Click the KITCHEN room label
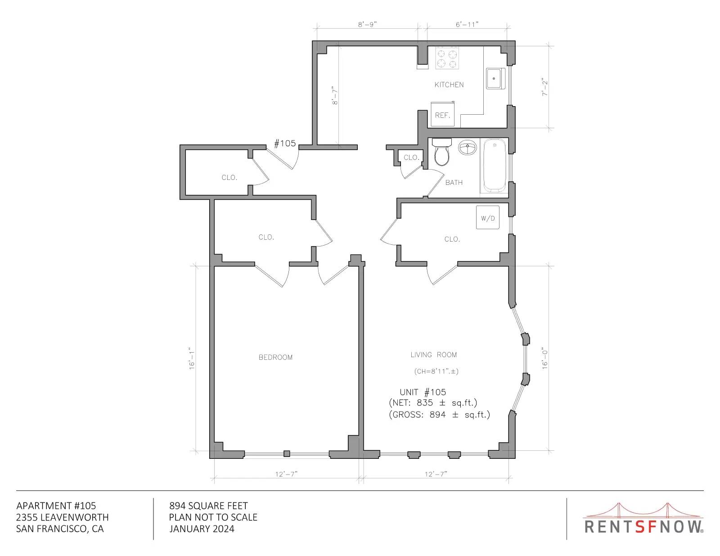(449, 85)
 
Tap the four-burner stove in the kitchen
(447, 58)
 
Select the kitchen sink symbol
(496, 78)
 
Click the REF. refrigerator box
(443, 114)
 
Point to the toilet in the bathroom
(442, 152)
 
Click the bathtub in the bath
(495, 166)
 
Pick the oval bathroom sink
(468, 148)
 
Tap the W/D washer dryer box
(488, 218)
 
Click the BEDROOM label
(275, 357)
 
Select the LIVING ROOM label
(434, 354)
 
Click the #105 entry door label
(285, 143)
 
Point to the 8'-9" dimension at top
(368, 24)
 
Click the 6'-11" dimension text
(467, 24)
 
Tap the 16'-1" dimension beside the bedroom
(192, 359)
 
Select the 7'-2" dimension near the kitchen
(544, 87)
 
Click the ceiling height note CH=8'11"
(436, 371)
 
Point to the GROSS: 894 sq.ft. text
(439, 415)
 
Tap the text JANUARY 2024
(202, 529)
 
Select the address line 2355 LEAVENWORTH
(62, 517)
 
